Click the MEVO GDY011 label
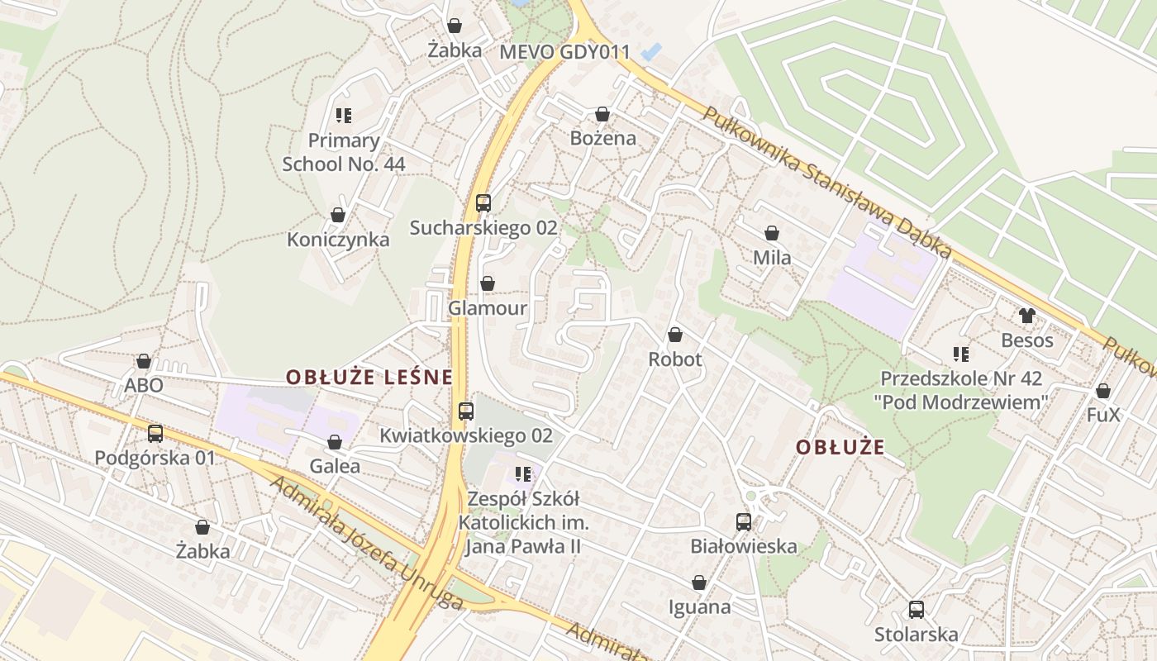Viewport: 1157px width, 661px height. point(564,52)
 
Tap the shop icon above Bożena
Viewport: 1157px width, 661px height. point(602,114)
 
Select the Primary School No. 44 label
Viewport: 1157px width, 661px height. point(344,152)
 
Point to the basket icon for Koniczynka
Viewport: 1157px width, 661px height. point(338,216)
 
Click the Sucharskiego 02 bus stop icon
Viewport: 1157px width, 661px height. point(483,203)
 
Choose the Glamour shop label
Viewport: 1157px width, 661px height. point(488,308)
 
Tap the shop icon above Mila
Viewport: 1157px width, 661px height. point(772,234)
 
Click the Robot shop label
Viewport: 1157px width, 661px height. point(675,359)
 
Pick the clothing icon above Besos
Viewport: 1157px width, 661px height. point(1027,316)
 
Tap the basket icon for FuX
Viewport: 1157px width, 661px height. point(1102,391)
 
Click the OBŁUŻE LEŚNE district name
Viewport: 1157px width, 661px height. point(369,378)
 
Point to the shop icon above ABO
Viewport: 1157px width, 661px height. point(144,362)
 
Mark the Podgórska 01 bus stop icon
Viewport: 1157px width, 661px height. point(155,434)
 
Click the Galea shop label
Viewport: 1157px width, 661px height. point(335,466)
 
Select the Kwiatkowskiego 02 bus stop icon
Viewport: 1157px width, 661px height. point(466,411)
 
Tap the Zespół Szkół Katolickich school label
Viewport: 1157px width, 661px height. point(524,523)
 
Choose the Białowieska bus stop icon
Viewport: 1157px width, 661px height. point(744,522)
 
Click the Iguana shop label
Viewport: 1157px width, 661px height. point(699,607)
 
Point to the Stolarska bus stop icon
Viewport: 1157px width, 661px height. point(916,611)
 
